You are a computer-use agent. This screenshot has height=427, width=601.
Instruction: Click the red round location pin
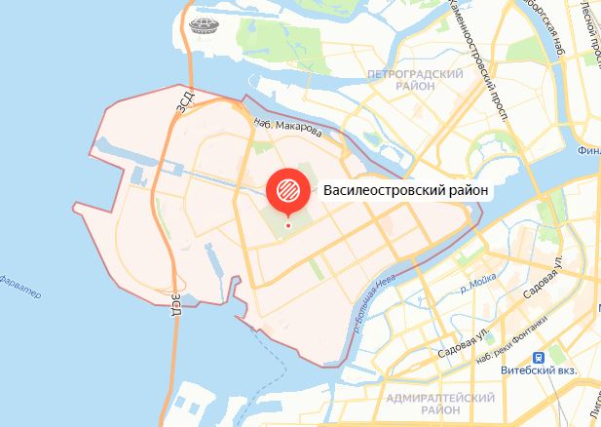(286, 189)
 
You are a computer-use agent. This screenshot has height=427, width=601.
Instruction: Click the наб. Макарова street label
(285, 126)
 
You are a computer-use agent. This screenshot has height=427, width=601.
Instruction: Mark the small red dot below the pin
(287, 226)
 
